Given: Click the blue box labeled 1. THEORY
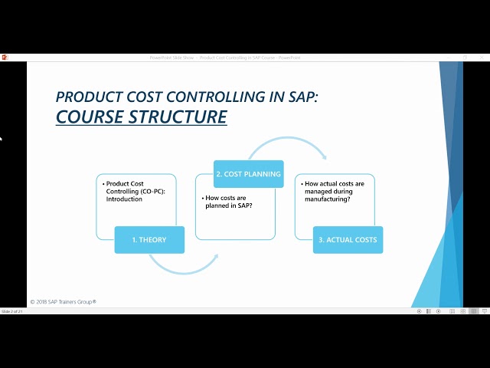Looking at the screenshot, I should (x=149, y=240).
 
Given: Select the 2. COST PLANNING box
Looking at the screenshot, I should (x=248, y=174).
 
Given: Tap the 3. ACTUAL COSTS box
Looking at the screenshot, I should (x=348, y=240).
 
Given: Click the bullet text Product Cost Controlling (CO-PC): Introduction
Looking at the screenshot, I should (x=127, y=191).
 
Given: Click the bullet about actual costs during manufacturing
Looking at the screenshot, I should (x=334, y=191).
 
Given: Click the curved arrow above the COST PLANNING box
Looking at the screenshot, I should (x=287, y=146).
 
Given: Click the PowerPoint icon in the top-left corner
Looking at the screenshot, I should (x=5, y=57).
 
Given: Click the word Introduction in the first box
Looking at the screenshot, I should (x=125, y=199).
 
